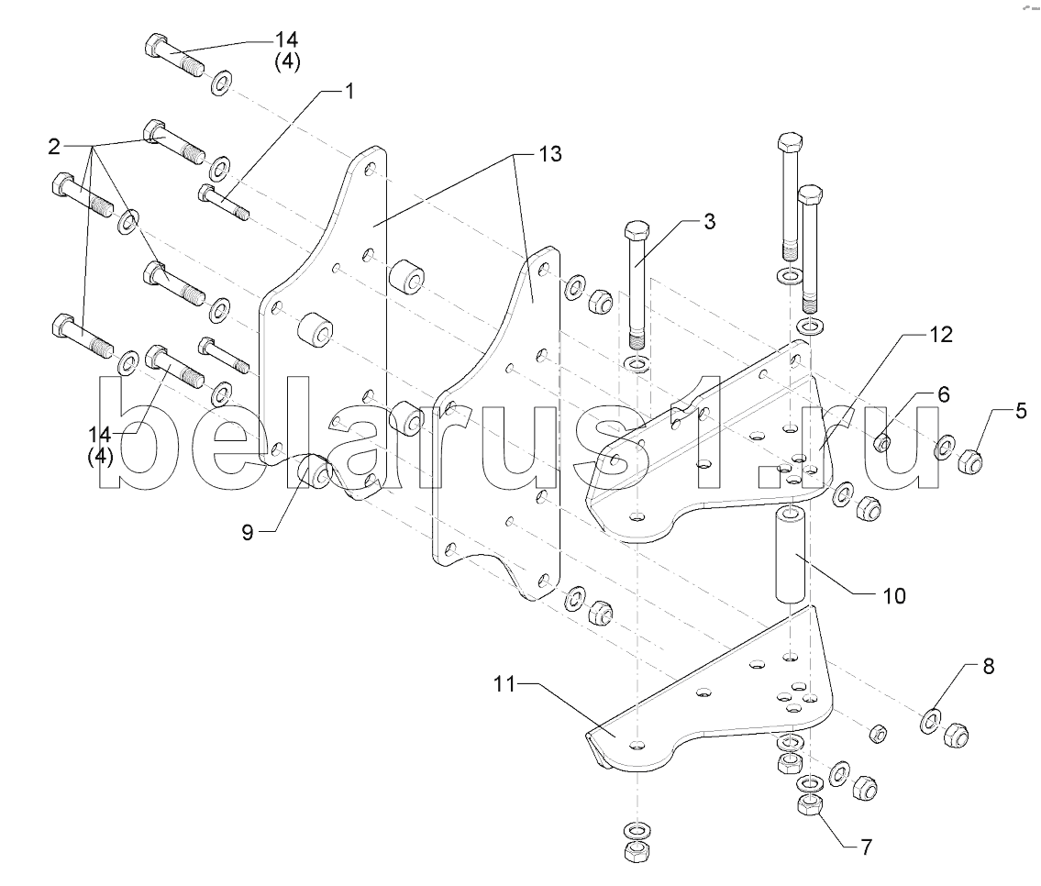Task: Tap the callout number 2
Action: tap(54, 146)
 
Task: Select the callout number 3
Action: tap(710, 221)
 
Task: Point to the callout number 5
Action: tap(1021, 411)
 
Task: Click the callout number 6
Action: tap(944, 394)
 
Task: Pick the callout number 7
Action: tap(866, 847)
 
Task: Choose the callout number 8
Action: tap(989, 666)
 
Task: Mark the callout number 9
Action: tap(248, 532)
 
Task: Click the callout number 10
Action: tap(894, 596)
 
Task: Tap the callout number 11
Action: tap(504, 683)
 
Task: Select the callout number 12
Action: tap(941, 334)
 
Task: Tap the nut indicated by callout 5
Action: tap(970, 460)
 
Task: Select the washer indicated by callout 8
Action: tap(931, 722)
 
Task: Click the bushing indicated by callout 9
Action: tap(314, 471)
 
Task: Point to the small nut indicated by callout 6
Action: tap(882, 442)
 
